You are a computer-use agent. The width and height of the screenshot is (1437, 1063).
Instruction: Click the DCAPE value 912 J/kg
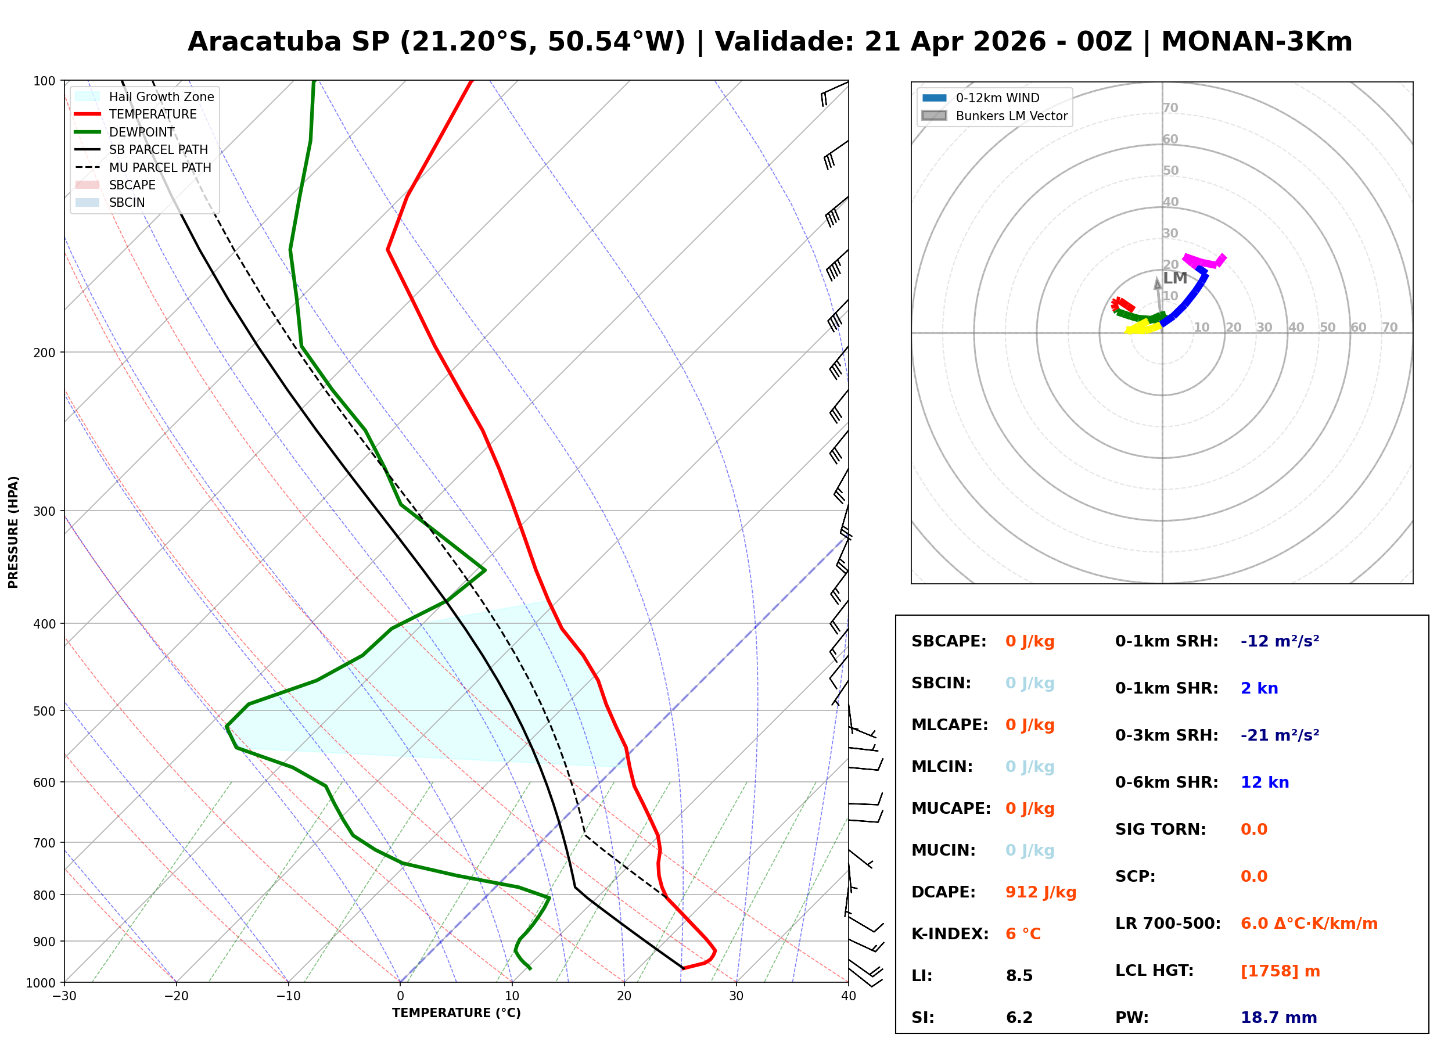point(1040,892)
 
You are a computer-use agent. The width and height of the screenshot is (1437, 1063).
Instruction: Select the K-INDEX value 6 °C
point(1023,933)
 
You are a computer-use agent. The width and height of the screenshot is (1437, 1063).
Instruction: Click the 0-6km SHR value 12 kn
point(1264,782)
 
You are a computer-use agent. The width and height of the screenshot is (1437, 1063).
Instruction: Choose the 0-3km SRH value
point(1280,735)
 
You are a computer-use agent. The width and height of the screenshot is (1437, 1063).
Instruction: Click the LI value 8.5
point(1019,975)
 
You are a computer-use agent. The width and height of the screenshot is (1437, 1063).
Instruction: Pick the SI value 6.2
point(1019,1017)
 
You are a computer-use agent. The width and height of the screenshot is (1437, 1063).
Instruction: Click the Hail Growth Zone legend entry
point(161,96)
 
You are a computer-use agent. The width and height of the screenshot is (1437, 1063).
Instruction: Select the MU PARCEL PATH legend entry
point(160,167)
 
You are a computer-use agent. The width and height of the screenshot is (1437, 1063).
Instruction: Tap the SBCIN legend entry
point(127,203)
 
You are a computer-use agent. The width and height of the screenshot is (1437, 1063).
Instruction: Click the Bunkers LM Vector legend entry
point(1011,116)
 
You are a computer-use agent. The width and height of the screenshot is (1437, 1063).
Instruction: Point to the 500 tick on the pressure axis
point(44,711)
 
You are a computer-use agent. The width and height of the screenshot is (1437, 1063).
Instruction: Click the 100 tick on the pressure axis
point(44,80)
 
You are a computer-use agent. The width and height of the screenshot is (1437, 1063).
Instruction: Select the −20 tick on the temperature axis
point(176,996)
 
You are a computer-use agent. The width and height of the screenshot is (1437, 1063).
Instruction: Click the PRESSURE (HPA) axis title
point(13,531)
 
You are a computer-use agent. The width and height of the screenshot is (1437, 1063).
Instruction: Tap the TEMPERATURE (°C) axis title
point(456,1013)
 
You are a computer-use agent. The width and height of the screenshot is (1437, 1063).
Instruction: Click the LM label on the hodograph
point(1174,278)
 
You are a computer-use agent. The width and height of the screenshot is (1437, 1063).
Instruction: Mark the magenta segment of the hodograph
point(1202,261)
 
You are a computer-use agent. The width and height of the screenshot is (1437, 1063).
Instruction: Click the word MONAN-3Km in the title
point(1256,42)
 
